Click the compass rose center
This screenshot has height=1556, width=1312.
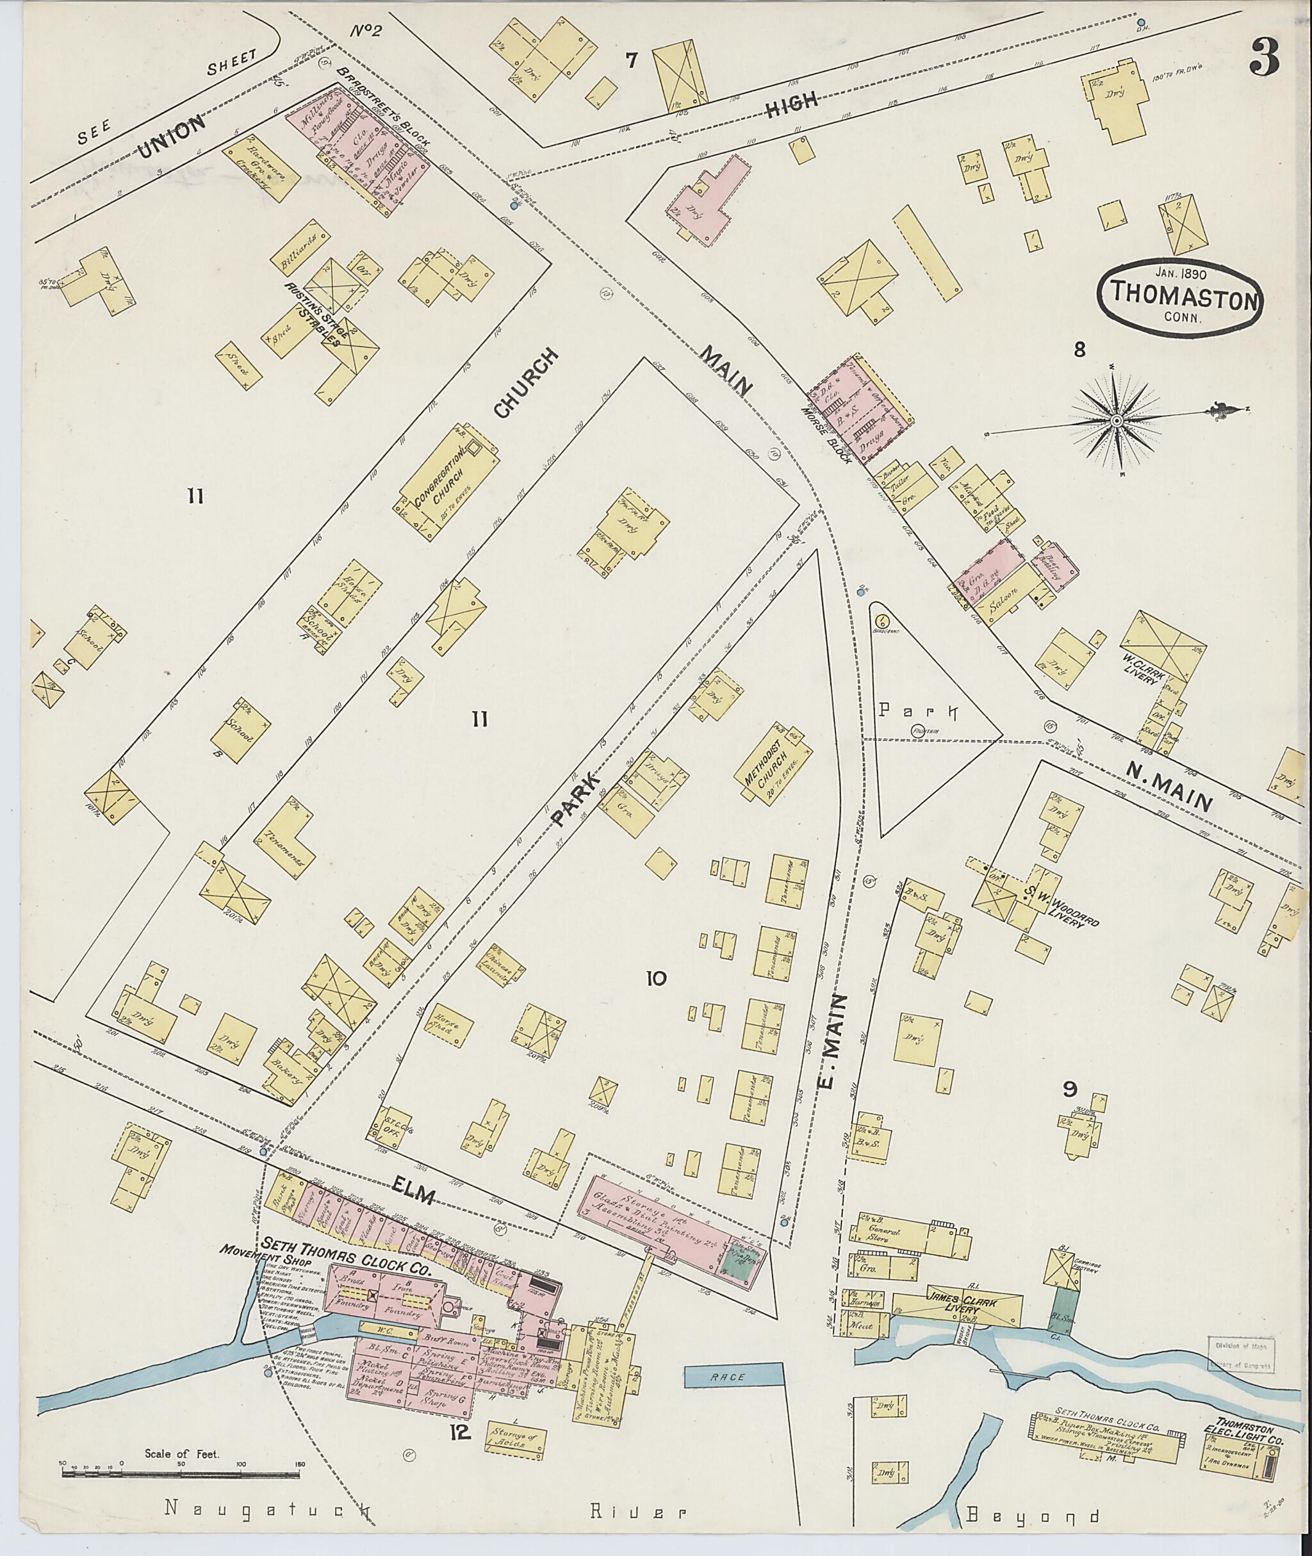click(1117, 422)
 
